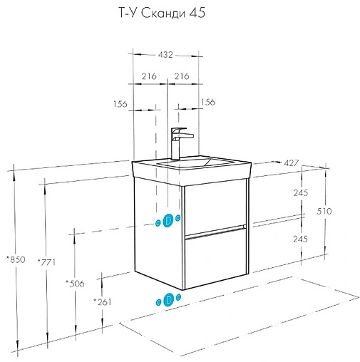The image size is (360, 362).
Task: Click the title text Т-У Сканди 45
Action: pyautogui.click(x=162, y=14)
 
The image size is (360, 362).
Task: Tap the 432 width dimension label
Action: pyautogui.click(x=165, y=55)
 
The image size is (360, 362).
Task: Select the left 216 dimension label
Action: pyautogui.click(x=149, y=76)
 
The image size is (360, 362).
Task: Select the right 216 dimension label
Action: pyautogui.click(x=182, y=76)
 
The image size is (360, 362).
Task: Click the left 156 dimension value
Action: pyautogui.click(x=120, y=104)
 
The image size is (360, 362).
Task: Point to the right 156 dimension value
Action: pyautogui.click(x=208, y=102)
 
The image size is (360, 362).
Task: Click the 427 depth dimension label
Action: pyautogui.click(x=291, y=163)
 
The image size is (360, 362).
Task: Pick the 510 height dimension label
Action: pyautogui.click(x=324, y=211)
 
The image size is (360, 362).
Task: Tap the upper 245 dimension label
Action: pyautogui.click(x=301, y=193)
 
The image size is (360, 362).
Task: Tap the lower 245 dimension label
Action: pyautogui.click(x=300, y=239)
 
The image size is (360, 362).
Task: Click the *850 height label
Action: pyautogui.click(x=16, y=259)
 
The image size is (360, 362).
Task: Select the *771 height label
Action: pyautogui.click(x=46, y=262)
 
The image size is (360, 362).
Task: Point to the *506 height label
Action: pyautogui.click(x=75, y=284)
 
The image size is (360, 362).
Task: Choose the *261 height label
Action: pyautogui.click(x=103, y=302)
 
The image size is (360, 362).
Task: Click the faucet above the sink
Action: pyautogui.click(x=179, y=143)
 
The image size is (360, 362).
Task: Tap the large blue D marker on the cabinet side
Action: pyautogui.click(x=168, y=220)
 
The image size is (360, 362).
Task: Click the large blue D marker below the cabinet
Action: pyautogui.click(x=169, y=299)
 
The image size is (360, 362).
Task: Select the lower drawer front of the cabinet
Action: pyautogui.click(x=215, y=259)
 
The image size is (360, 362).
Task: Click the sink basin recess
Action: pyautogui.click(x=195, y=162)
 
